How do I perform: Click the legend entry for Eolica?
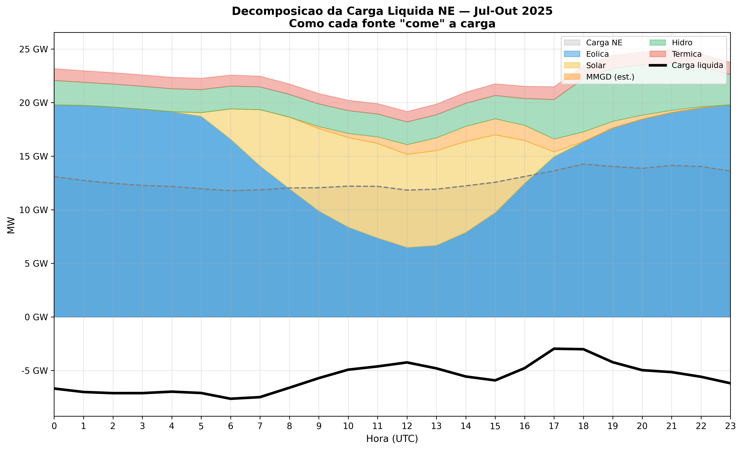[x=597, y=54]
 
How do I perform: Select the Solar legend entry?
[x=596, y=66]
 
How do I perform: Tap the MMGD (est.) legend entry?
[x=610, y=77]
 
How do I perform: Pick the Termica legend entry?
[x=687, y=54]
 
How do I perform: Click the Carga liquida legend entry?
[x=697, y=66]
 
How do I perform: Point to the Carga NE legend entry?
[x=604, y=43]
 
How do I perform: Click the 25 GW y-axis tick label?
[x=33, y=49]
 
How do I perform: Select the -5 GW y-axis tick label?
[x=35, y=371]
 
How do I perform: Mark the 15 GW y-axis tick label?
[x=33, y=157]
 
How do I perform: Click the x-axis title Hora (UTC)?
[x=392, y=439]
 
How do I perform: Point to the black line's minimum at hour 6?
[x=231, y=399]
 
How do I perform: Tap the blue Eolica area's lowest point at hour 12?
[x=407, y=247]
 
